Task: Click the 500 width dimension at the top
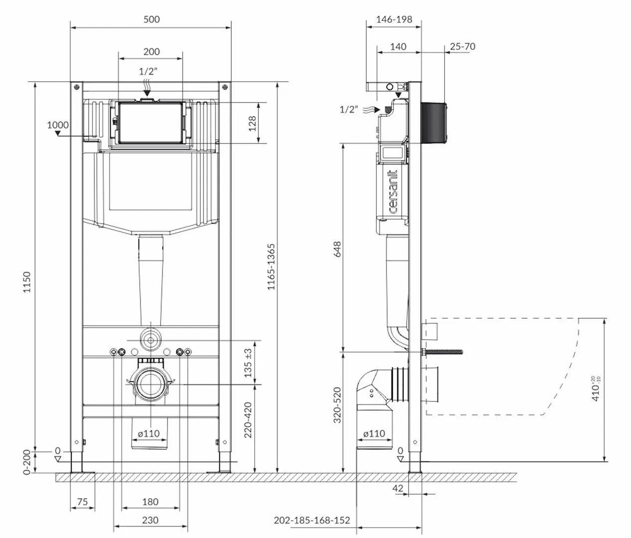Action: [x=152, y=19]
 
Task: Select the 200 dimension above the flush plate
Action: [x=152, y=52]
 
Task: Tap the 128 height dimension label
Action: [x=252, y=123]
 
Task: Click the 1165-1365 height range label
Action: [x=271, y=267]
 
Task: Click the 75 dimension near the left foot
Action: [x=83, y=502]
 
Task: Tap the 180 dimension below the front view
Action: [x=150, y=502]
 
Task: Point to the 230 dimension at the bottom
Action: [x=150, y=520]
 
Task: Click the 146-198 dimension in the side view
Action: [x=394, y=19]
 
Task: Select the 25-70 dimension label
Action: [x=463, y=47]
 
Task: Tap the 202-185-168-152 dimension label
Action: [x=312, y=521]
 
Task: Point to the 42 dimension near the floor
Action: [x=398, y=489]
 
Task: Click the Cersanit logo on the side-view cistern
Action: [x=393, y=192]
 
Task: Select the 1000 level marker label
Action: [x=58, y=125]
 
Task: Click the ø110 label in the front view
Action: [x=149, y=433]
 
